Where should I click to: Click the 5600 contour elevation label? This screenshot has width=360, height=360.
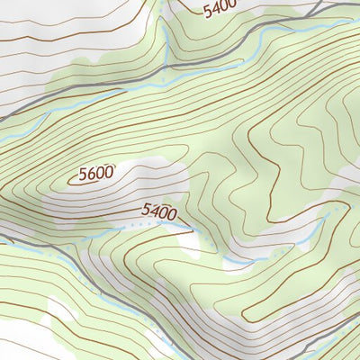click(96, 174)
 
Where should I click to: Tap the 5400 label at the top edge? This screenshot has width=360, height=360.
click(219, 10)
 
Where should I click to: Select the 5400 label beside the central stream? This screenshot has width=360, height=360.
click(159, 212)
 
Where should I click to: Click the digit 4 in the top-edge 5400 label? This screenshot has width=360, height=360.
click(214, 11)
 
